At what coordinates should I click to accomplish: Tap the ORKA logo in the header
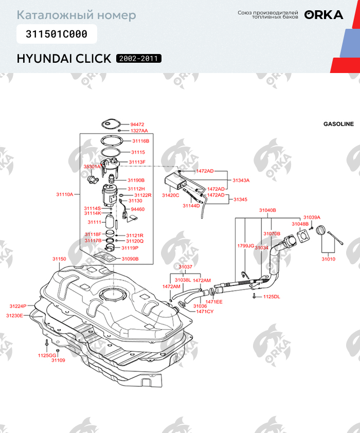(x=323, y=15)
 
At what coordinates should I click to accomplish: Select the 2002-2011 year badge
(x=139, y=59)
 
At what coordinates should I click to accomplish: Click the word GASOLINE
(x=338, y=124)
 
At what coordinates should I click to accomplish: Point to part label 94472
(x=137, y=124)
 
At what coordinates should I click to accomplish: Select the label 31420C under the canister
(x=171, y=195)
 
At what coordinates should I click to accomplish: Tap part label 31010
(x=328, y=259)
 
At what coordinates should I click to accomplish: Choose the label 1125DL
(x=272, y=297)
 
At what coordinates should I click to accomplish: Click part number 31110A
(x=65, y=194)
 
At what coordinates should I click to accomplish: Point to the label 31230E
(x=14, y=315)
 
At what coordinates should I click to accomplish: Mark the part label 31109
(x=58, y=360)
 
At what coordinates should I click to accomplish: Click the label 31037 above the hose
(x=186, y=267)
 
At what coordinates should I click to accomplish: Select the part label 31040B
(x=267, y=210)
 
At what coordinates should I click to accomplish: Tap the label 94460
(x=138, y=209)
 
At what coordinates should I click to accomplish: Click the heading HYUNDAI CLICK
(x=64, y=59)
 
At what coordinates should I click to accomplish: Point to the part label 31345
(x=241, y=199)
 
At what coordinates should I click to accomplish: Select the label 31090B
(x=130, y=259)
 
